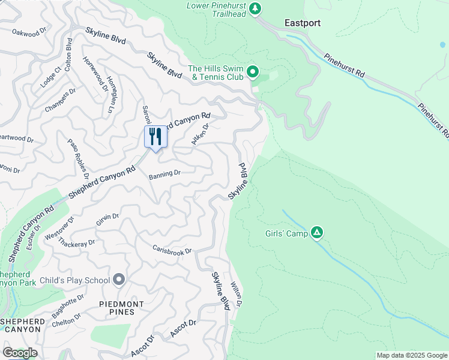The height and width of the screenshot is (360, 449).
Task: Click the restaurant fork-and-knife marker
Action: pos(155,137)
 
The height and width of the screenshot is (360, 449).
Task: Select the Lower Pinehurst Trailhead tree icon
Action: pos(256,8)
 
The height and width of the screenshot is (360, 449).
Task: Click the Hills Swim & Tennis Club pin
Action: pos(253,73)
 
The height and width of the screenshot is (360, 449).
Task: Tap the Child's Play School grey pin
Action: pos(119,280)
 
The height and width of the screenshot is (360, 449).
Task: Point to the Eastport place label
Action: pos(302,23)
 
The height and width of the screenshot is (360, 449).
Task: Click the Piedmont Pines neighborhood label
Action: pos(122,309)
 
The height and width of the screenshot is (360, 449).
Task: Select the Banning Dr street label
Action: pos(164,173)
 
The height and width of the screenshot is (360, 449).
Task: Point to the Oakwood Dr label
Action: pos(29,32)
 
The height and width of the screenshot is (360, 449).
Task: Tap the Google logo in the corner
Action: pos(20,352)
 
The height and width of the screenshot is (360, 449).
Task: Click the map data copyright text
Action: pos(412,355)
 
